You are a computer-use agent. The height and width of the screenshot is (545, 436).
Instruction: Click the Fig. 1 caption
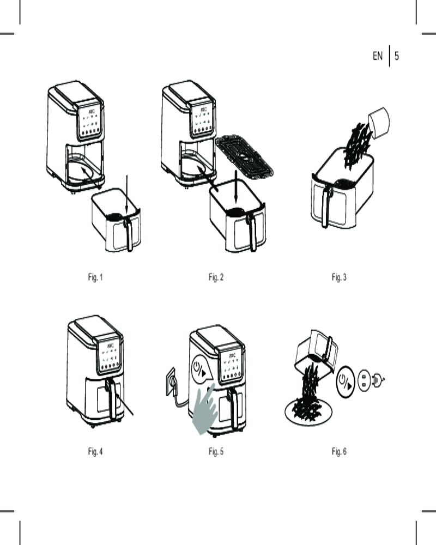click(95, 277)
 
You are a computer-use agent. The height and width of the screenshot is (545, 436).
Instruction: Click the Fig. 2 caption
click(216, 277)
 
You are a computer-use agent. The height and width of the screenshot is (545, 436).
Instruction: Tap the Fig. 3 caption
click(339, 277)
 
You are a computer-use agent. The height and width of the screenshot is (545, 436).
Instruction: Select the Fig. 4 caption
click(95, 452)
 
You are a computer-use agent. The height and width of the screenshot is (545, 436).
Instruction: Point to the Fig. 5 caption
click(216, 452)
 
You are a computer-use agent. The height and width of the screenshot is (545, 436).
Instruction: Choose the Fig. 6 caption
click(339, 452)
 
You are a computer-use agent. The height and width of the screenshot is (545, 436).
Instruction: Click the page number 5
click(397, 56)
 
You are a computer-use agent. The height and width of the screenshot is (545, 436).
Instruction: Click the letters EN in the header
click(378, 56)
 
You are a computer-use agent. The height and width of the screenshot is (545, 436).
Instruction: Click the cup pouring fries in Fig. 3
click(380, 122)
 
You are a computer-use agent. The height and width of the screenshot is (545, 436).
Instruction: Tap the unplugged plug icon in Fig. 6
click(378, 380)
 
